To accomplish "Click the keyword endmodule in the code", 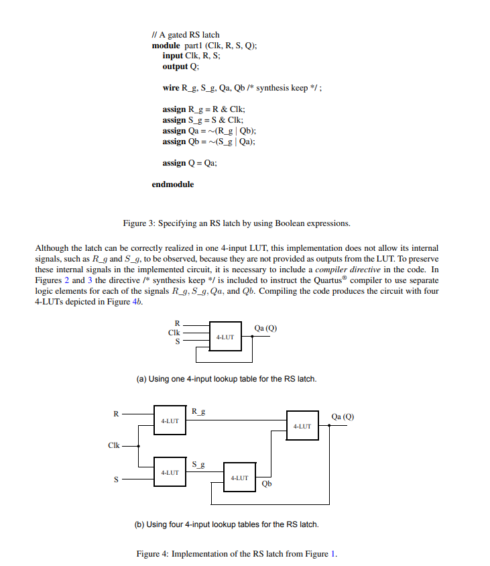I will pyautogui.click(x=172, y=184).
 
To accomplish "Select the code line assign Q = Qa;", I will pyautogui.click(x=190, y=163).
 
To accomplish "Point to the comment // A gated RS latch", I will pyautogui.click(x=185, y=35).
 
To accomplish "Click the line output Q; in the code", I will pyautogui.click(x=180, y=67).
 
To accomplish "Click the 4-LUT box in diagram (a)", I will pyautogui.click(x=225, y=337).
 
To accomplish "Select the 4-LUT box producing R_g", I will pyautogui.click(x=170, y=420).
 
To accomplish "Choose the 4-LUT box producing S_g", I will pyautogui.click(x=170, y=472).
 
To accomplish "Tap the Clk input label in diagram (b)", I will pyautogui.click(x=114, y=445).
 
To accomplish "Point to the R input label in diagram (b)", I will pyautogui.click(x=115, y=414).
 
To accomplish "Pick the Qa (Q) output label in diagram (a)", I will pyautogui.click(x=266, y=328).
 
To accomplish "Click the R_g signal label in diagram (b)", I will pyautogui.click(x=198, y=411).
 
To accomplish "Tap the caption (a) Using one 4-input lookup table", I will pyautogui.click(x=226, y=380).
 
